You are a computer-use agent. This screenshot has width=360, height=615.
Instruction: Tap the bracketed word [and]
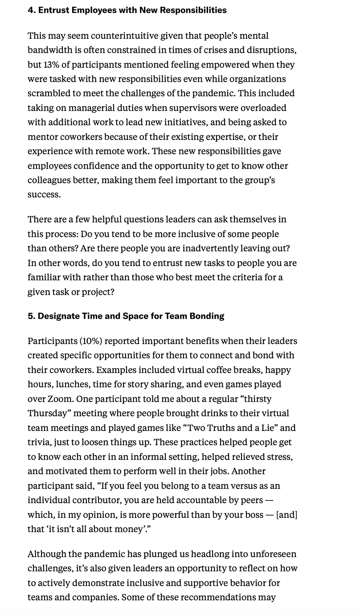click(x=287, y=514)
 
